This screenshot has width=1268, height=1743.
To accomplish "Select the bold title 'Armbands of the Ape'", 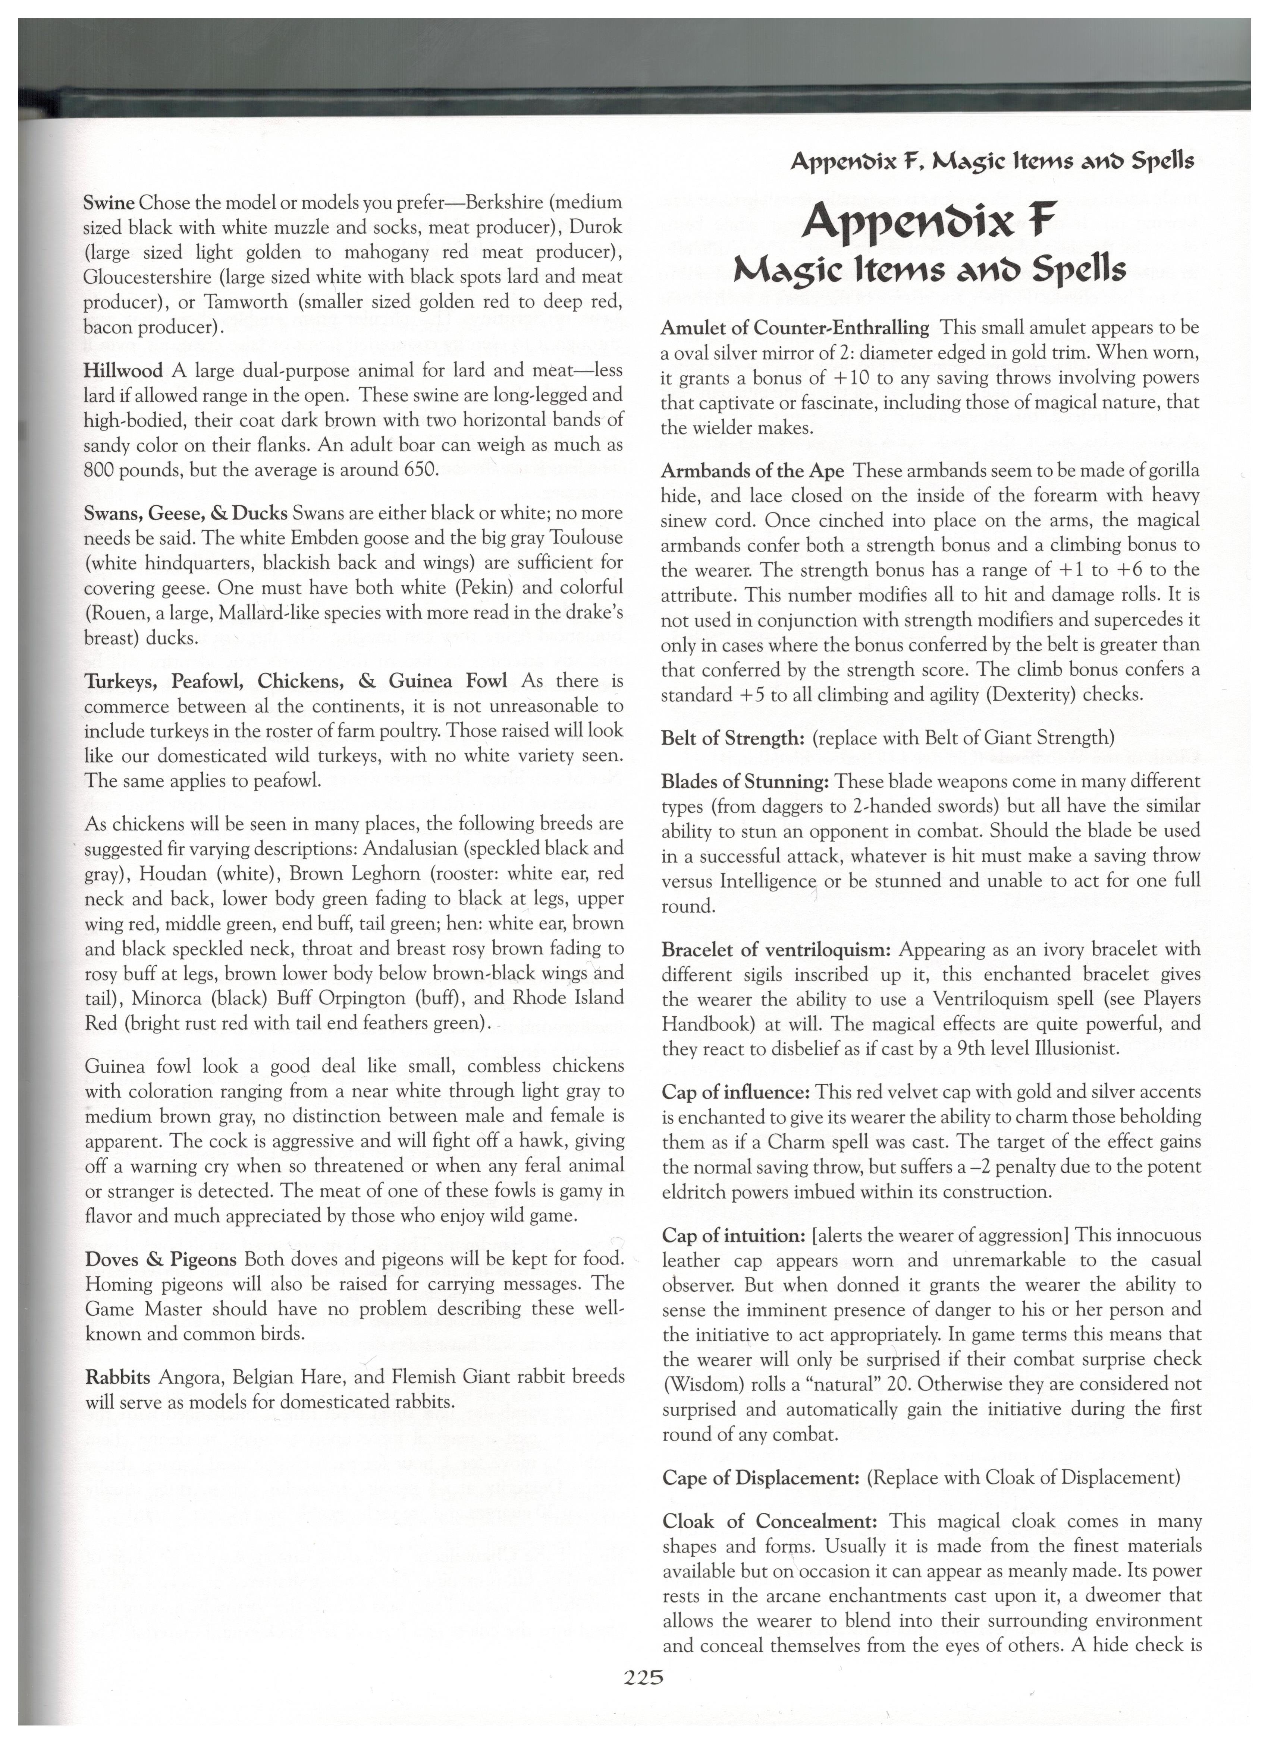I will click(x=753, y=470).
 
